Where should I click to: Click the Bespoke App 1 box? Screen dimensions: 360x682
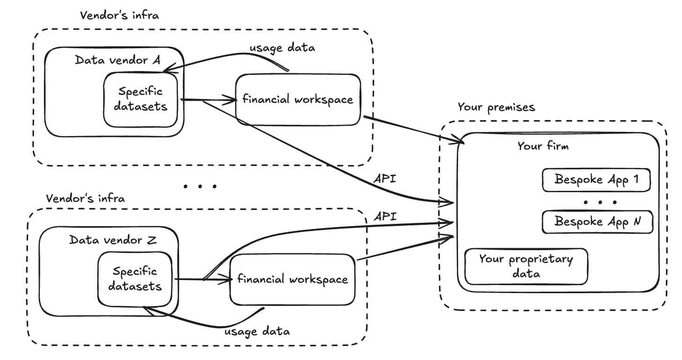[x=596, y=180]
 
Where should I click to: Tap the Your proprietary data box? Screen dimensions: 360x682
[x=526, y=266]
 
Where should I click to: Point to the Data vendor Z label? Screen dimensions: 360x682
[x=112, y=240]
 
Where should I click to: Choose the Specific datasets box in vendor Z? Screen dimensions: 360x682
[x=134, y=279]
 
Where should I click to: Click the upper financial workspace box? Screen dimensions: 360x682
[x=297, y=99]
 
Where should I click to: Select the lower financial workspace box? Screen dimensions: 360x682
[x=292, y=280]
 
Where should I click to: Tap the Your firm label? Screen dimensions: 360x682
[x=542, y=146]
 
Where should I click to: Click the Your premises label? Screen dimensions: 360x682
[x=496, y=107]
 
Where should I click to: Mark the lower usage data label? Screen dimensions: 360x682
[x=257, y=331]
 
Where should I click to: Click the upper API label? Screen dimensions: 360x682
[x=385, y=179]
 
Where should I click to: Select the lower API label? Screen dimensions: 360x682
[x=385, y=217]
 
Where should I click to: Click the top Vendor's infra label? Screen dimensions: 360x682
[x=119, y=15]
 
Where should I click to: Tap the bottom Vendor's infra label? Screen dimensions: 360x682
[x=85, y=198]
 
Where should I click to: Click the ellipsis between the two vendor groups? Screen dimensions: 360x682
[x=200, y=186]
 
